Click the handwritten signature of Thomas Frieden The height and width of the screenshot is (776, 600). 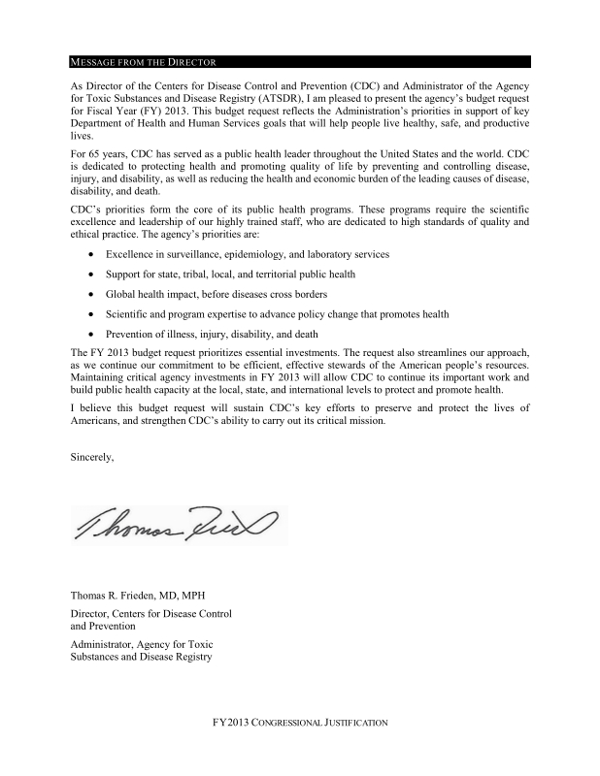[176, 525]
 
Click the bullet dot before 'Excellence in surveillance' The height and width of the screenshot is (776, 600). [91, 254]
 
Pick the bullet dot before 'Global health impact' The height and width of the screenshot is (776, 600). [91, 294]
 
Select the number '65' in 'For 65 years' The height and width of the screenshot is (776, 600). [98, 153]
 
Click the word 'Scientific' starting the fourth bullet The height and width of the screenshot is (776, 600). [129, 314]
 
